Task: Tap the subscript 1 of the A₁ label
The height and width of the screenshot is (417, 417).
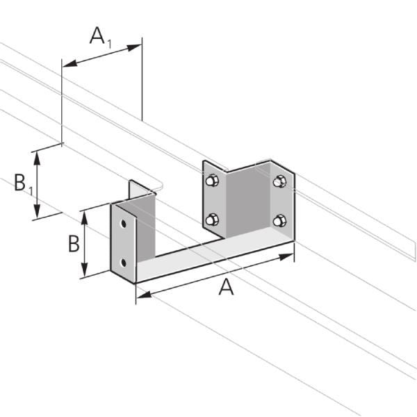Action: coord(109,42)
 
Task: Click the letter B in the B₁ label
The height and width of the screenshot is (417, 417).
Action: coord(21,184)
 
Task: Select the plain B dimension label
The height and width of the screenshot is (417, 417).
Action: coord(73,245)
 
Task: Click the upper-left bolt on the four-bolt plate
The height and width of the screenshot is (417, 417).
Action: coord(212,181)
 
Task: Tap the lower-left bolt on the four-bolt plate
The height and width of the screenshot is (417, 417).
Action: coord(212,221)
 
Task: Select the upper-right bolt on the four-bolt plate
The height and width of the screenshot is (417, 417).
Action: coord(279,182)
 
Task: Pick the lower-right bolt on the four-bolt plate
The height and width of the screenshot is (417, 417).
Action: coord(279,221)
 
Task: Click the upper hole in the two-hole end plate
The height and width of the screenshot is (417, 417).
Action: coord(124,225)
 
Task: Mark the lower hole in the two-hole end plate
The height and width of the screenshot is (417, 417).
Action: coord(124,262)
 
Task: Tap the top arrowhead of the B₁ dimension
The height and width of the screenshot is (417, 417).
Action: coord(38,154)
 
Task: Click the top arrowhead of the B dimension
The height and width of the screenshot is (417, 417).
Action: coord(85,216)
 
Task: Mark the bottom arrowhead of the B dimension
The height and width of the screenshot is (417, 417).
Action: coord(85,272)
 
